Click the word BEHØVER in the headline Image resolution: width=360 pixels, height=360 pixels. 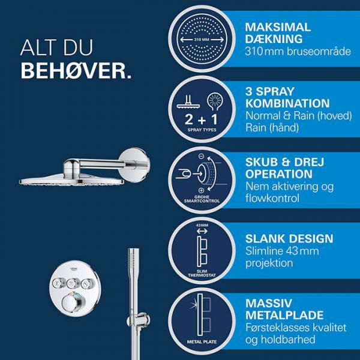[76, 71]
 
